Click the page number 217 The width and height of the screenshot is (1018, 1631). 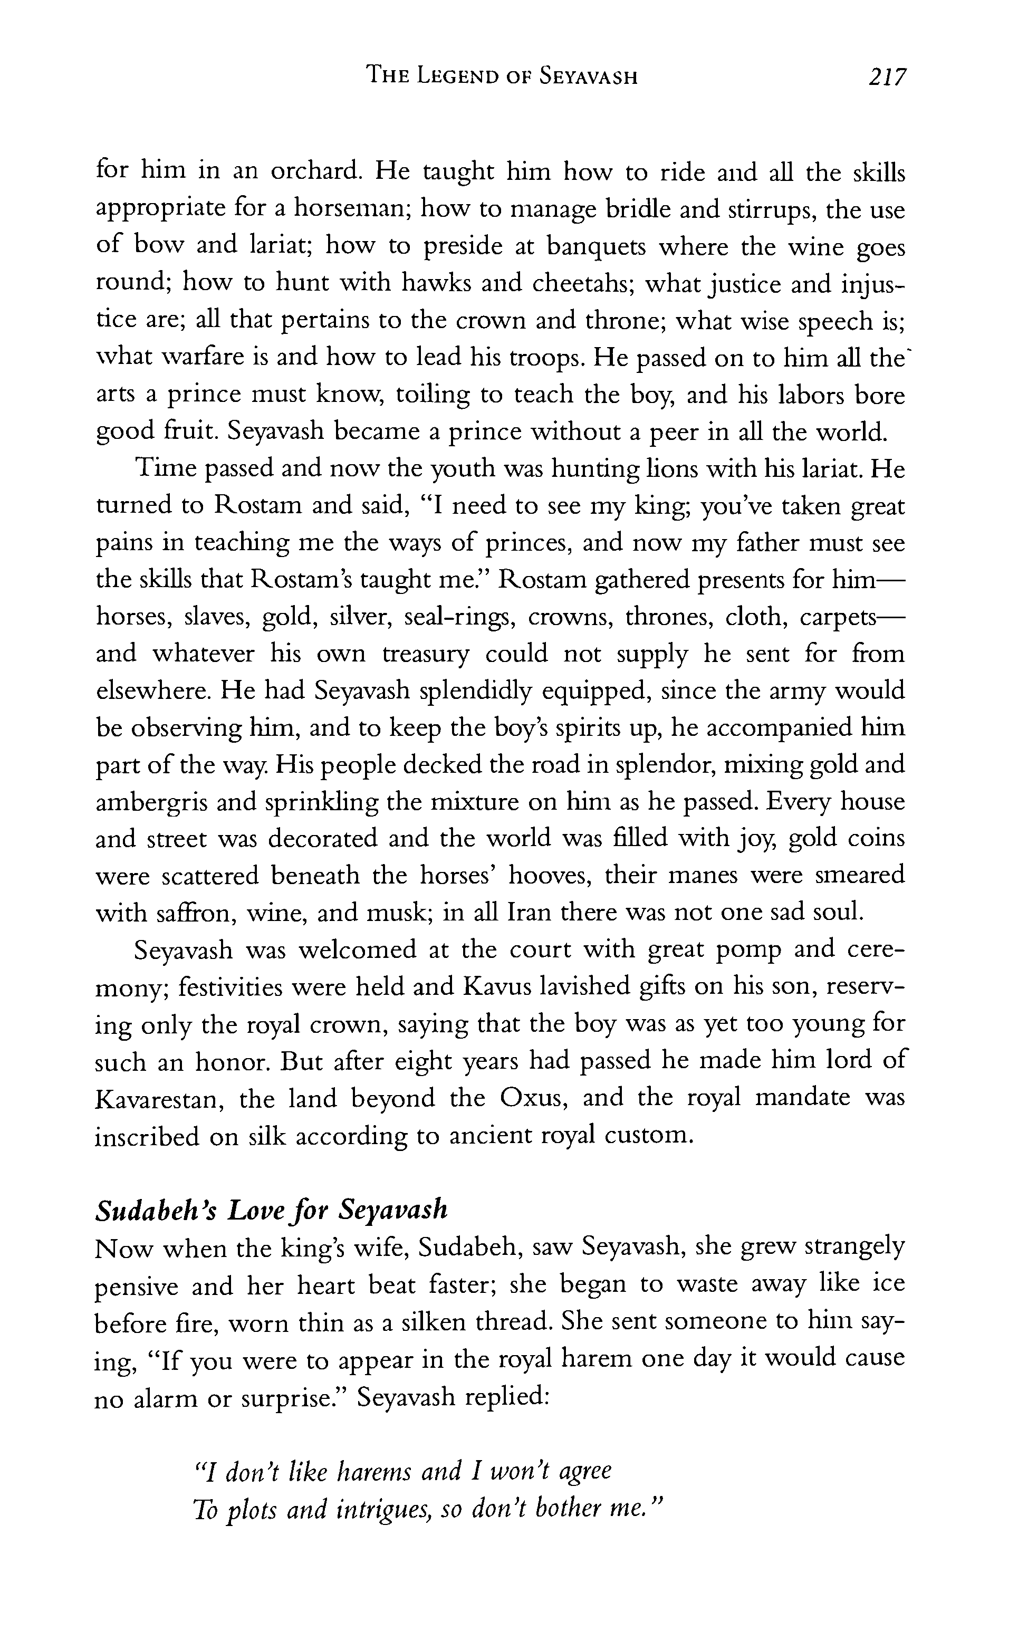[x=887, y=76]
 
